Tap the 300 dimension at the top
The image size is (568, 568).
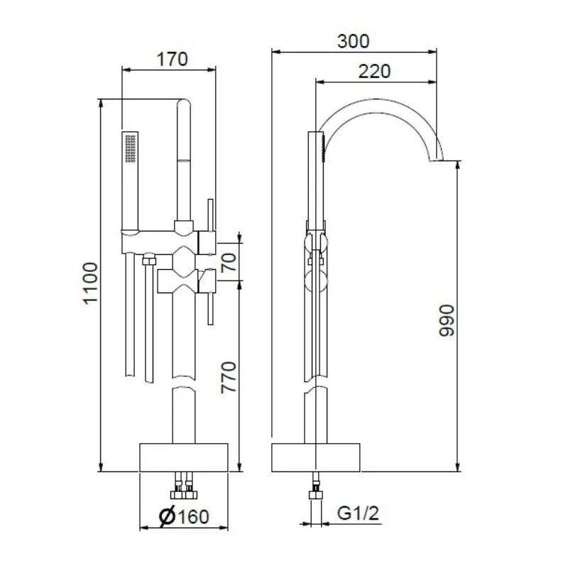[353, 41]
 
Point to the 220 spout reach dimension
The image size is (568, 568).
[373, 72]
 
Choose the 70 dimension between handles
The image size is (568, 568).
[228, 263]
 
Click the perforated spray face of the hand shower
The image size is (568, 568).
[130, 150]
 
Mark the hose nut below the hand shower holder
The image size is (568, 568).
[148, 261]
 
